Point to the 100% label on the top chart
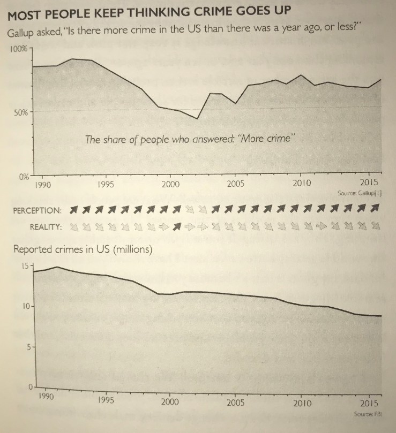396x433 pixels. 20,49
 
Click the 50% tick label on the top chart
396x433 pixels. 22,112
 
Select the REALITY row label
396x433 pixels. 46,226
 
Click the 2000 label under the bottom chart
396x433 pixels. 169,401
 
